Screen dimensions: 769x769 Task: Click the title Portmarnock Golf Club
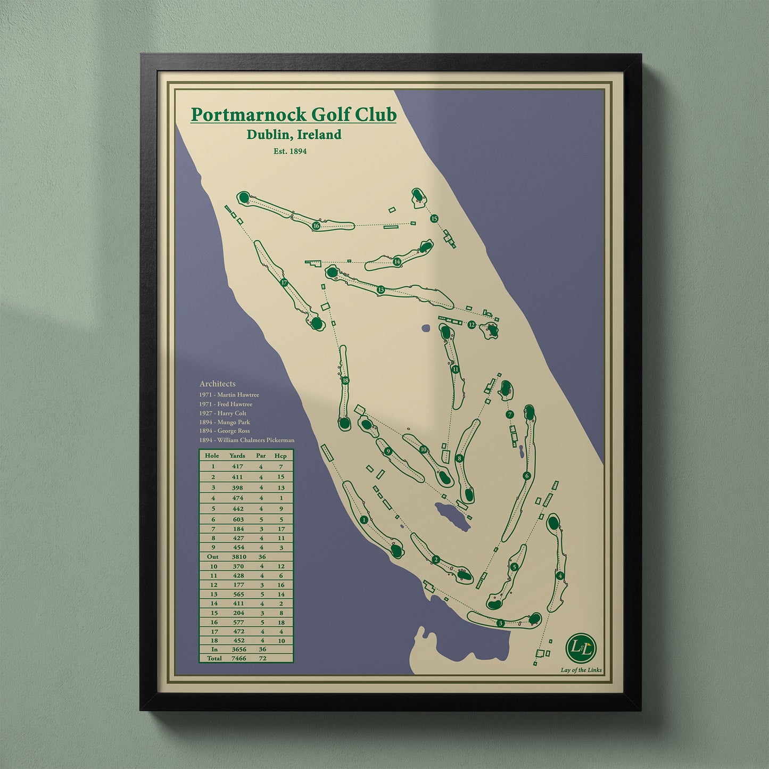click(x=293, y=114)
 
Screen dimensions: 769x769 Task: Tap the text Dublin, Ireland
click(x=294, y=135)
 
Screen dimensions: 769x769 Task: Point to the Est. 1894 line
click(x=290, y=151)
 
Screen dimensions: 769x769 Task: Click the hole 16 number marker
click(x=316, y=226)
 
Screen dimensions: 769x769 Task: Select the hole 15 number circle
click(x=434, y=218)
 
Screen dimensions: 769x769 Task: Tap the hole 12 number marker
click(x=472, y=325)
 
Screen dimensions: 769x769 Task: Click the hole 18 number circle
click(x=345, y=381)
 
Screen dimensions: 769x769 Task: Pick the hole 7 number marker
click(x=510, y=415)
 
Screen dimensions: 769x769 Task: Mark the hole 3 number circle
click(x=500, y=623)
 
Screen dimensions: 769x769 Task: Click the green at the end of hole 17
click(x=317, y=323)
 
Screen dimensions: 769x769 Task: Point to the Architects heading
click(x=217, y=384)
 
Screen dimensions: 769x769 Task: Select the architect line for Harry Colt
click(x=223, y=413)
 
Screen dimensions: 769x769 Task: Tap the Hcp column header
click(x=280, y=456)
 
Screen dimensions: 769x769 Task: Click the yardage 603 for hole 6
click(x=237, y=519)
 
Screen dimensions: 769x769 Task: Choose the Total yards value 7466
click(x=237, y=658)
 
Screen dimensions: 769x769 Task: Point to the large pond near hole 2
click(x=453, y=516)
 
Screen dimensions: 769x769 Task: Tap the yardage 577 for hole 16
click(x=237, y=622)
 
